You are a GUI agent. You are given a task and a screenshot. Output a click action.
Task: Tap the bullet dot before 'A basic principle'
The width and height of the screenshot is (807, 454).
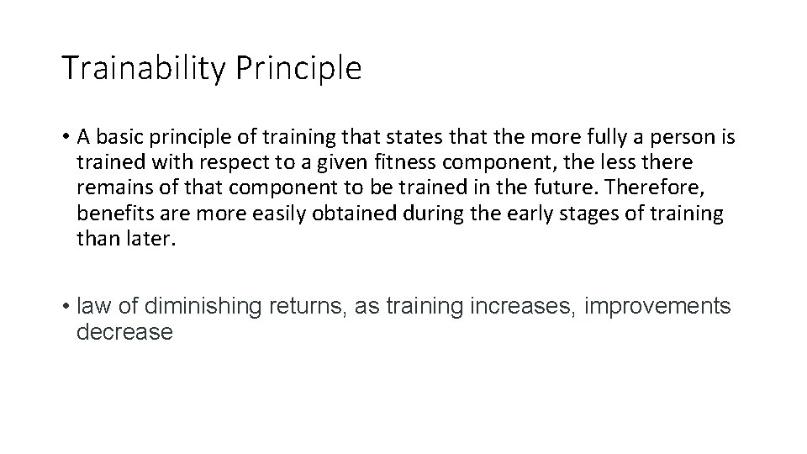click(x=66, y=136)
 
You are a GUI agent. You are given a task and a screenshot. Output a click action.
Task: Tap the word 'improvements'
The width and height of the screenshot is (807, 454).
click(x=657, y=307)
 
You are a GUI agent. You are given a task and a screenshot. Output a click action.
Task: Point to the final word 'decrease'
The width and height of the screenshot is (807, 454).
click(x=124, y=332)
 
